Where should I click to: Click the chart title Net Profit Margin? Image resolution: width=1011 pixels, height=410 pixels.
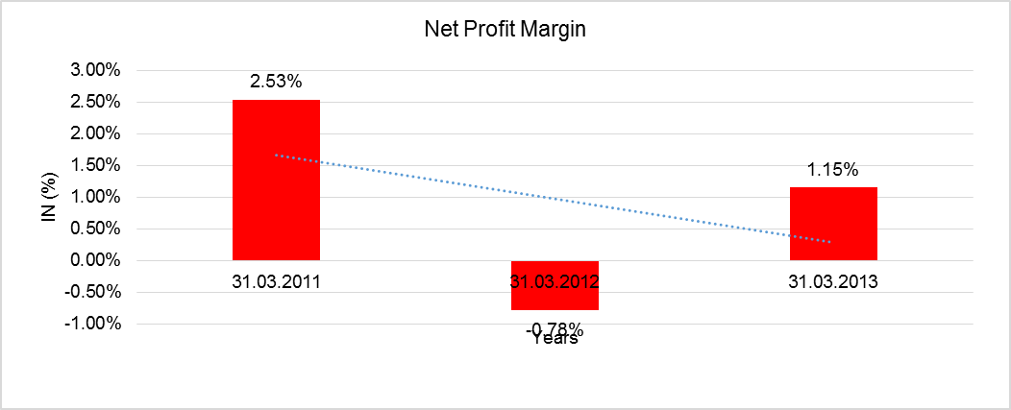point(505,30)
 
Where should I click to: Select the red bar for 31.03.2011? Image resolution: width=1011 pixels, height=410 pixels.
point(276,182)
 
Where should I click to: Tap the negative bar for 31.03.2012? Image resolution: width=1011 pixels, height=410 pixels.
point(555,298)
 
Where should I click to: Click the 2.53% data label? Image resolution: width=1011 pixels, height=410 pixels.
point(276,82)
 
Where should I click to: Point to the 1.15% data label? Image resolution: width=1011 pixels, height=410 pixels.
point(833,169)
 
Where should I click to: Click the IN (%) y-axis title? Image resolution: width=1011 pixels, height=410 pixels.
point(49,197)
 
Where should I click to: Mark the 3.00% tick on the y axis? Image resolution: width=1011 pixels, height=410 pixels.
point(93,70)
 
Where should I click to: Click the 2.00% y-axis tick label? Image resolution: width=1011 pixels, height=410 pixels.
point(93,133)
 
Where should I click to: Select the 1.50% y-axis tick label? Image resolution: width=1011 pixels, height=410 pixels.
point(93,165)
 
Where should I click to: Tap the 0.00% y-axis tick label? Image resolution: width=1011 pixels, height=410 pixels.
point(93,260)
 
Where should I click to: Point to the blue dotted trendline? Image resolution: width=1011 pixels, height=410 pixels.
point(553,198)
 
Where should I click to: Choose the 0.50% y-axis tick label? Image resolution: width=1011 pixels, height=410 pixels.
point(93,229)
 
